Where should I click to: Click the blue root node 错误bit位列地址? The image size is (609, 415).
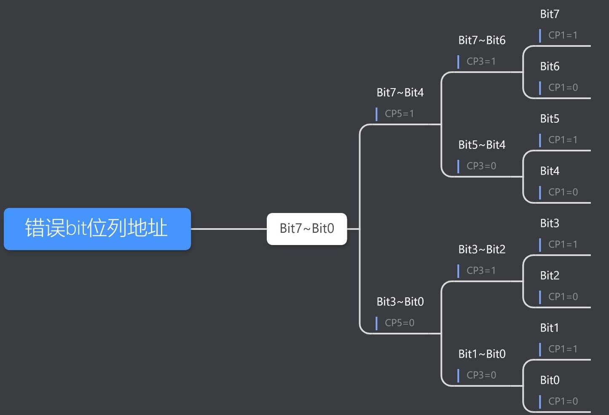[97, 229]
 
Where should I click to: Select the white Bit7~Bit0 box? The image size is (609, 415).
[306, 229]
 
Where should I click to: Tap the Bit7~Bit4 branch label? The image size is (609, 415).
[400, 93]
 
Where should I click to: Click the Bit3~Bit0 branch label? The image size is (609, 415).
[400, 302]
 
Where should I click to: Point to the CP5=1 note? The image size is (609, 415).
[399, 114]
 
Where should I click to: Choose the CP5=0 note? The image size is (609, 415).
[399, 323]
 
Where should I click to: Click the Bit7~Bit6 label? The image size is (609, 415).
[482, 40]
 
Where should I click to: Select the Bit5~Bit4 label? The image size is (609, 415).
[482, 145]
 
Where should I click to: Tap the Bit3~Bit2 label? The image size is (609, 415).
[482, 250]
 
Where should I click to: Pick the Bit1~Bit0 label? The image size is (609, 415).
[482, 354]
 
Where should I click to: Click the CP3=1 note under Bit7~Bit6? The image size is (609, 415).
[481, 62]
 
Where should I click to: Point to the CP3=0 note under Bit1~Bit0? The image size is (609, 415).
[481, 375]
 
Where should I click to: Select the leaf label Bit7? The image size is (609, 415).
[550, 14]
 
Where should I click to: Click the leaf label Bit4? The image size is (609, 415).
[550, 171]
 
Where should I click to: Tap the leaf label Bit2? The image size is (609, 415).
[550, 276]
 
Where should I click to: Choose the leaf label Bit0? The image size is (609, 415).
[550, 380]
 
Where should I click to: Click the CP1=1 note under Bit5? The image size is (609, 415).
[563, 140]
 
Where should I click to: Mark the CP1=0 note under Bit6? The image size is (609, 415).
[563, 88]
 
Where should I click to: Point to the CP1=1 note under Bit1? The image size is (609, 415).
[563, 349]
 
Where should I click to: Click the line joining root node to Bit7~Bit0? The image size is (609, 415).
[229, 229]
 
